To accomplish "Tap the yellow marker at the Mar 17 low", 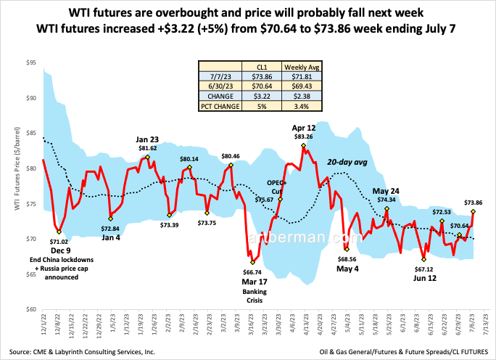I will tap(252, 262).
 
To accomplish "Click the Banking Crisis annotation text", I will tap(253, 294).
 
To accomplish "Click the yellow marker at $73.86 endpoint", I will tap(474, 211).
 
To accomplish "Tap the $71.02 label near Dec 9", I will tap(64, 241).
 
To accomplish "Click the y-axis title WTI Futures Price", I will tap(16, 185).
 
